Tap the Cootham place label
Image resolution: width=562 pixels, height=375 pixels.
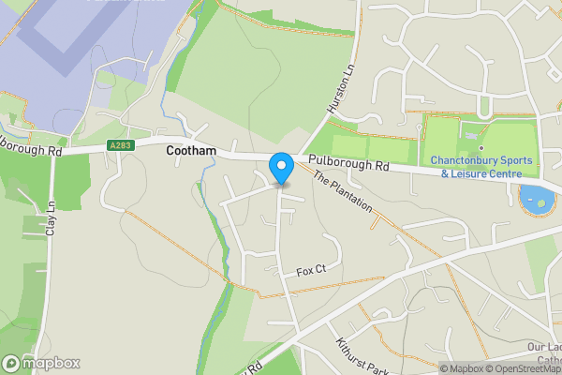(192, 150)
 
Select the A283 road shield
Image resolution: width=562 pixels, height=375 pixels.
(120, 145)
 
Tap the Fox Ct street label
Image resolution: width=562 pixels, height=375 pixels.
(311, 271)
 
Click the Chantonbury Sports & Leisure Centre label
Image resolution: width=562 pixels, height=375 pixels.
(481, 166)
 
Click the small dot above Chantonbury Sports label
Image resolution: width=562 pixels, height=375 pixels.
(481, 147)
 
